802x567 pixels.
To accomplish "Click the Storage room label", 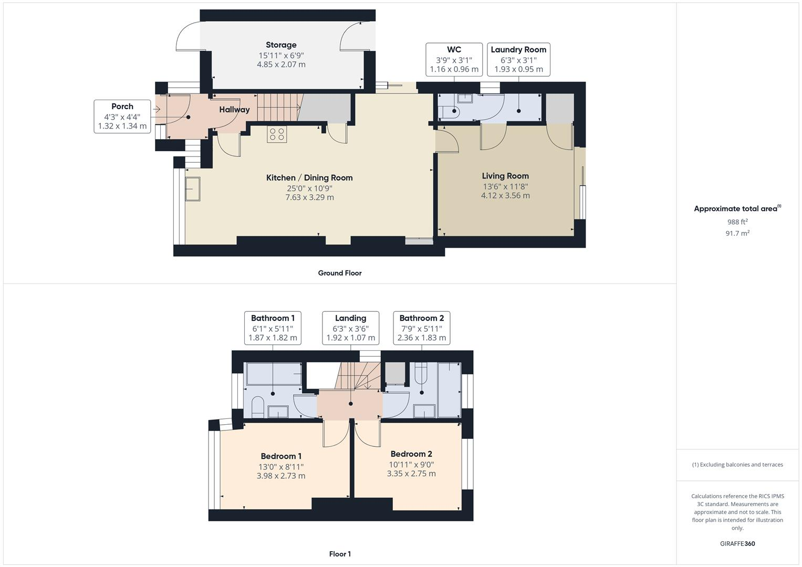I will coord(281,45).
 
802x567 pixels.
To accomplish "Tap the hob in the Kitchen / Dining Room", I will coord(277,134).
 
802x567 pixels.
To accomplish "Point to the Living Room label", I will coord(505,176).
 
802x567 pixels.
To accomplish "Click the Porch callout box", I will coord(122,116).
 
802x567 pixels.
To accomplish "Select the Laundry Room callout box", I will coord(518,59).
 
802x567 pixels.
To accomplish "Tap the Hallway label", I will coord(234,110).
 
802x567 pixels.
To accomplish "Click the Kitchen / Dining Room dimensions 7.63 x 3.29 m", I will coord(309,197).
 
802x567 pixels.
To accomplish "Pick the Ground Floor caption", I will coord(340,273).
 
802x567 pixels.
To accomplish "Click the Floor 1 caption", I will coord(340,554).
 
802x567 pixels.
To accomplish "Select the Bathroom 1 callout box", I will coord(273,328).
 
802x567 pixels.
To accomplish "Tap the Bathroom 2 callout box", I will coord(422,328).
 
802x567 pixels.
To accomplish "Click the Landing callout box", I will coord(350,328).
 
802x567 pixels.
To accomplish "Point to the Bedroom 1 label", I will coord(281,456).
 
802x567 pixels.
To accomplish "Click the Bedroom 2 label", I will coord(411,454).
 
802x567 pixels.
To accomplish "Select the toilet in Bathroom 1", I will coord(257,407).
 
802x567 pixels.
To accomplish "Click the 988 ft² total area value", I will coord(737,222).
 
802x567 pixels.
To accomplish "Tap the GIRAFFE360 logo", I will coord(737,544).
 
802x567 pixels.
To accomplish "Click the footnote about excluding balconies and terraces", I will coord(737,465).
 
